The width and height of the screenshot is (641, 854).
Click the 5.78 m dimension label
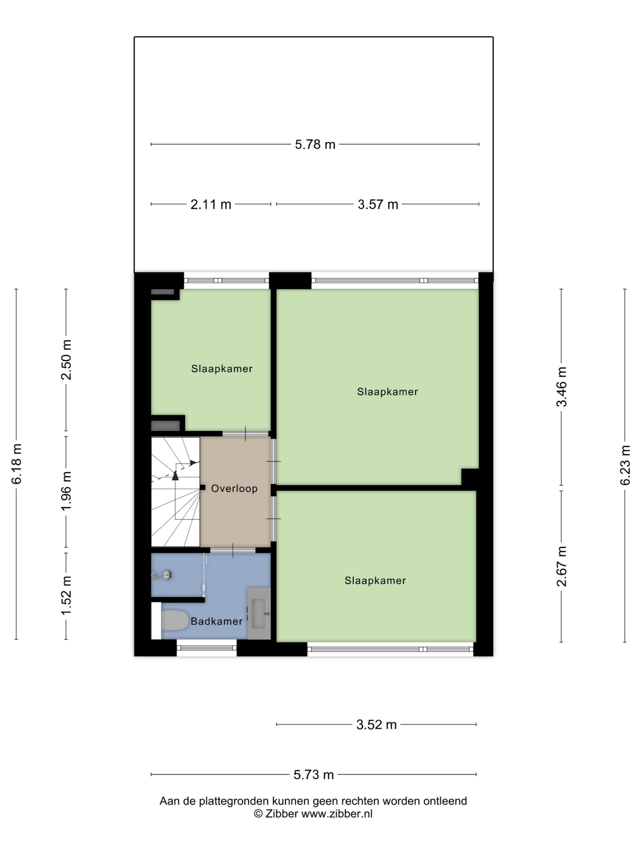315,144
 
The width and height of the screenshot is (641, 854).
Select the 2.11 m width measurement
211,204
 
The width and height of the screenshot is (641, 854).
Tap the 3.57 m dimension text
378,204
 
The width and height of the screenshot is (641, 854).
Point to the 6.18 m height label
17,464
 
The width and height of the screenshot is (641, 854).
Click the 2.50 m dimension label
66,360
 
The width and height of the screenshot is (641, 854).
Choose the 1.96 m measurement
66,491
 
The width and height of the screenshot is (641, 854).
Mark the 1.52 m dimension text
66,596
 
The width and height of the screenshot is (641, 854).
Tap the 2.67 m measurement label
562,566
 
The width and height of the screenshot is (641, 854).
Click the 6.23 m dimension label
625,465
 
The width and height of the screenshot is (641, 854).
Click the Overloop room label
234,488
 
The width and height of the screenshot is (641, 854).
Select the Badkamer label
216,621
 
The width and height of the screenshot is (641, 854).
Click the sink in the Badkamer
260,613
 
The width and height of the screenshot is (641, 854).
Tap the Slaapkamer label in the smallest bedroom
222,369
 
